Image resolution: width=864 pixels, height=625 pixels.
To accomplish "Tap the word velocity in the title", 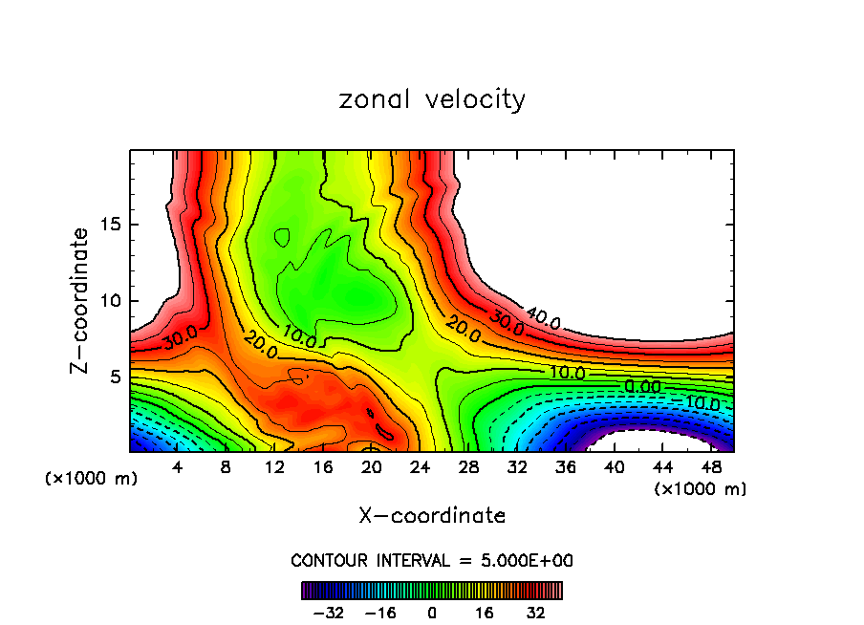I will click(x=474, y=100).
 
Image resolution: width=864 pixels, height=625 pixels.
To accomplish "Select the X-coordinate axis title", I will click(x=432, y=516).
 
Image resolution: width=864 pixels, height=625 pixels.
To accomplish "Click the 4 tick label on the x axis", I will click(x=178, y=467).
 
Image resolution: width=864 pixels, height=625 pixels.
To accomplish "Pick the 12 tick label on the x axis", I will click(x=275, y=467).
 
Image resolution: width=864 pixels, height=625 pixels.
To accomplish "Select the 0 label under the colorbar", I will click(x=432, y=612).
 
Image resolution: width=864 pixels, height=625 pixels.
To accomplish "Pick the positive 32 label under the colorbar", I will click(x=535, y=612).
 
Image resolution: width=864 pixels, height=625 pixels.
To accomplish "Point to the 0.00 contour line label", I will click(x=642, y=386).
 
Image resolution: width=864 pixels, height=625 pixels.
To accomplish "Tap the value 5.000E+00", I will click(x=529, y=561).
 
